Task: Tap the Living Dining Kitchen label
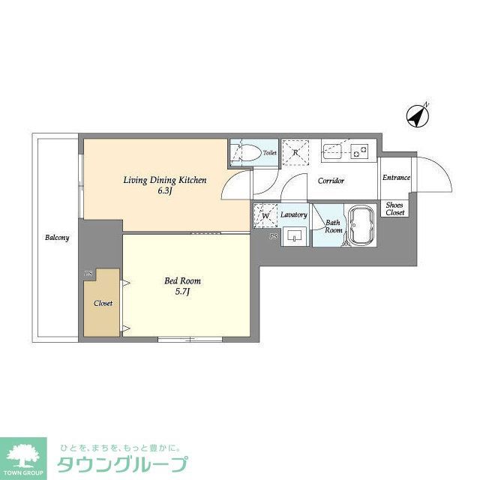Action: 164,180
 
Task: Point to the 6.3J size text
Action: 164,191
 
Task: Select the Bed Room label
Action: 183,281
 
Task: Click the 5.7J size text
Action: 183,292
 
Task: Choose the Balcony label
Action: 57,238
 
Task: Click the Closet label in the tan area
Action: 103,304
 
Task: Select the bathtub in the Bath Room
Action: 361,225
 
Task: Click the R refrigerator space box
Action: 295,152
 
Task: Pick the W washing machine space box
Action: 265,216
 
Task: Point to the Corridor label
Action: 331,181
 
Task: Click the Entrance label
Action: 396,178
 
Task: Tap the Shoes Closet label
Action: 394,208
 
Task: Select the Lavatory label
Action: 294,215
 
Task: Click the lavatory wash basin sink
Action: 295,235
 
